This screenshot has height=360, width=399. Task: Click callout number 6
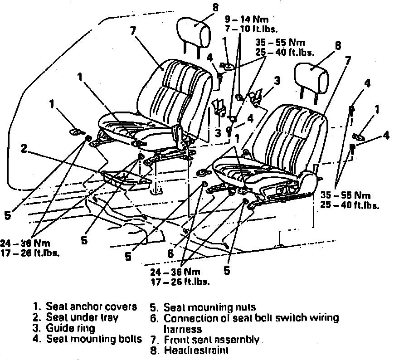170,254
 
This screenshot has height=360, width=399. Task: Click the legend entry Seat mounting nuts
209,307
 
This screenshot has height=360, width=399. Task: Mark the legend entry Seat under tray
82,317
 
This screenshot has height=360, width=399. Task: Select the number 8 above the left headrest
215,7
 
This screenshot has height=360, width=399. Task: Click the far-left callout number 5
7,215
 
